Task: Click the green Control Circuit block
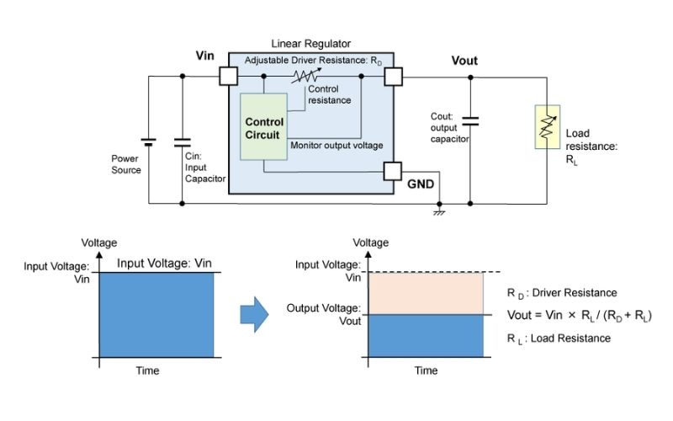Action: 263,126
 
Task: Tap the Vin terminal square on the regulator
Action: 228,76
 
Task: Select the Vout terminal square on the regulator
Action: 393,76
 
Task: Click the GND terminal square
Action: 393,172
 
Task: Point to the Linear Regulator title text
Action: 311,43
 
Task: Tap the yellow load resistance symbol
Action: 547,127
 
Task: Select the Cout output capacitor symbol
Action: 470,121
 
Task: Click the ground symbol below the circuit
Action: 438,210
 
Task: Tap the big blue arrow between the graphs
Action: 254,313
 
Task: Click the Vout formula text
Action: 579,315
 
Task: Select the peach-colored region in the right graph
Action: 427,293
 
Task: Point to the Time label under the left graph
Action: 147,370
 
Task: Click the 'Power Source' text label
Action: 126,163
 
